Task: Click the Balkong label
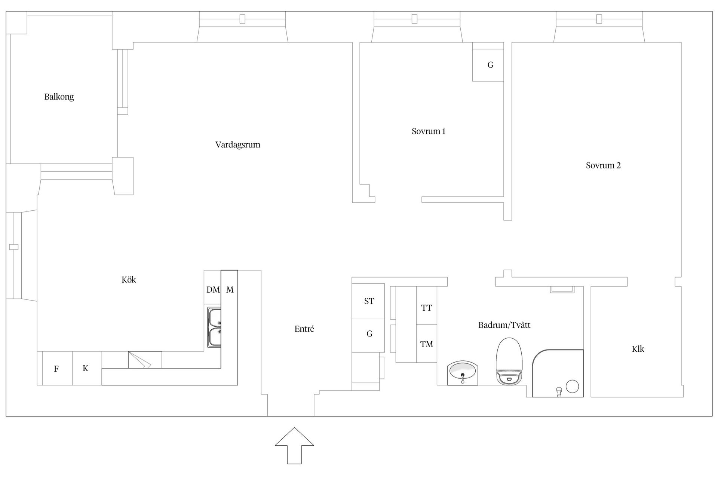59,97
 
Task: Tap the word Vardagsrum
237,145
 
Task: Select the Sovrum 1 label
428,131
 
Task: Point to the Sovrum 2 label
603,165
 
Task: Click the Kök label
129,280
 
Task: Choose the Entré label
304,329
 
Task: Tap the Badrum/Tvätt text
504,325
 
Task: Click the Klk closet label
638,349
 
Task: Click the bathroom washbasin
463,373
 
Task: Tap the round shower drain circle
572,386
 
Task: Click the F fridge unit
57,369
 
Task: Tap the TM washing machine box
426,344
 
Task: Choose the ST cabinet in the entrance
368,301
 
